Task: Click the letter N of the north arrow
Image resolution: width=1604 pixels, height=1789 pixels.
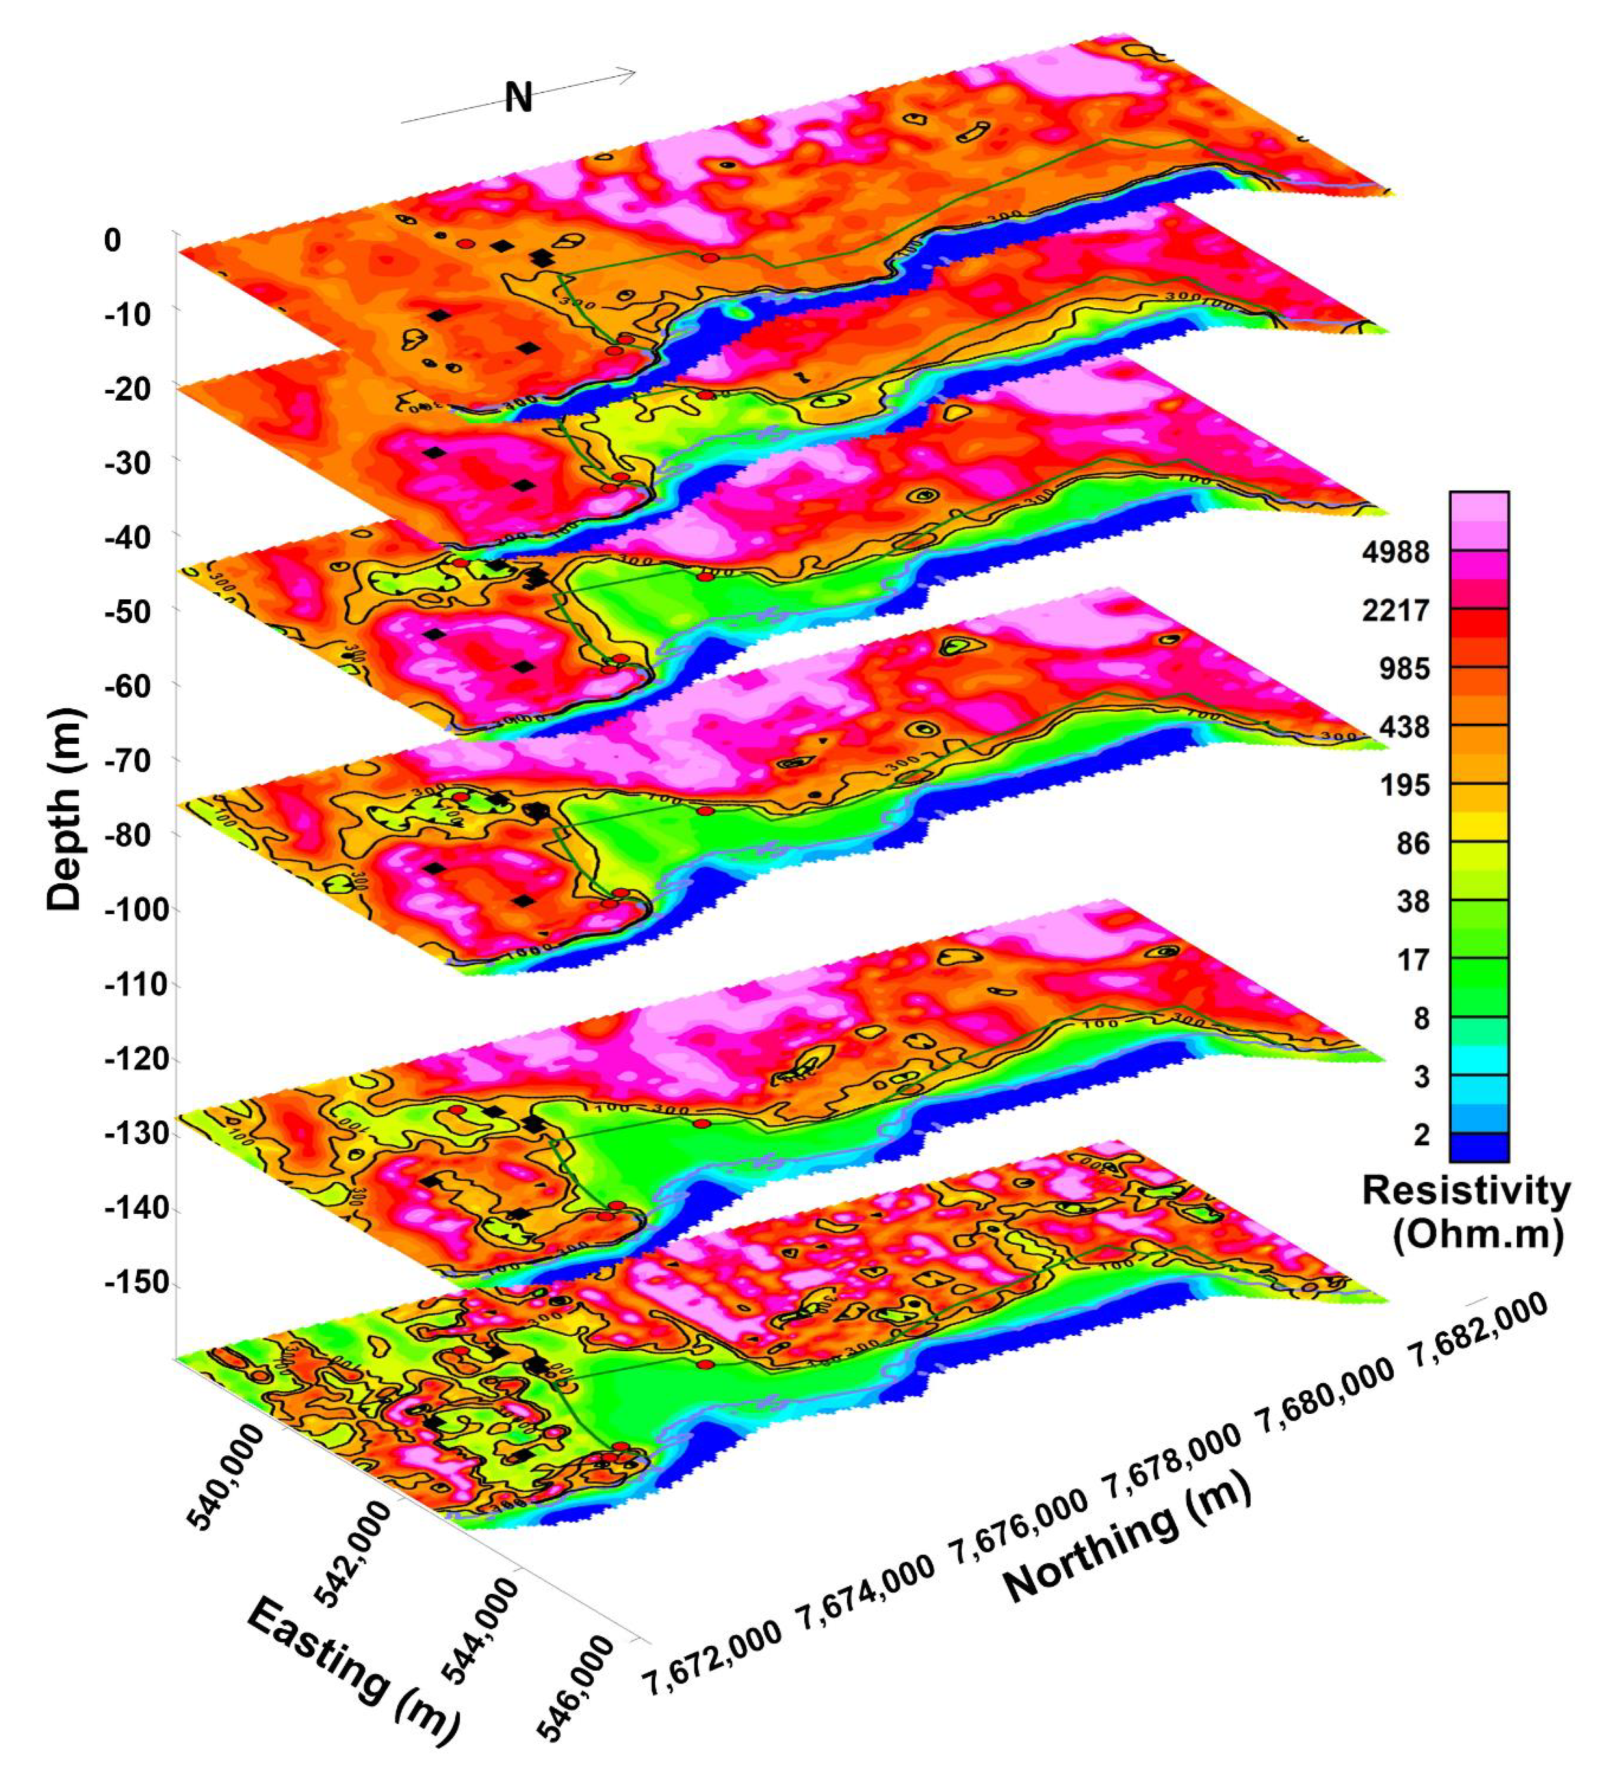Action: point(518,98)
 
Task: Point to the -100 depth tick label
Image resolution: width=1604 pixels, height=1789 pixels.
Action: point(133,910)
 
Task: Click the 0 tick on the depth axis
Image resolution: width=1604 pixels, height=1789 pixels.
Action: point(112,240)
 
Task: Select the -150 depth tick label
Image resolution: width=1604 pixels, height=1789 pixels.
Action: point(133,1284)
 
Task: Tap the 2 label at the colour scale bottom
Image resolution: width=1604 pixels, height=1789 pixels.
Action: point(1421,1136)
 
